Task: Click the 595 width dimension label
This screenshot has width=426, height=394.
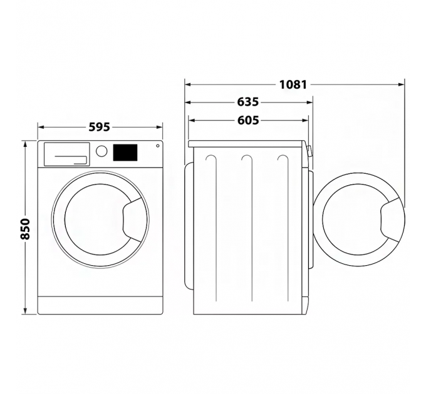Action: (99, 127)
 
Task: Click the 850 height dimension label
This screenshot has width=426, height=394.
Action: (25, 229)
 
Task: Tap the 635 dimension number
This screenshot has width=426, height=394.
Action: (248, 102)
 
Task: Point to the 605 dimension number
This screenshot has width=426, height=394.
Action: (248, 120)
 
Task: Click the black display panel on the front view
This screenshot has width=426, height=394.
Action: (125, 153)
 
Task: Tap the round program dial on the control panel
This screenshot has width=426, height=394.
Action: (101, 151)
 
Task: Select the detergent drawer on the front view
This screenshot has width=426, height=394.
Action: (66, 154)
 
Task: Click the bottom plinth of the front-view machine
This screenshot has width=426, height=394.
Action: (100, 306)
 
